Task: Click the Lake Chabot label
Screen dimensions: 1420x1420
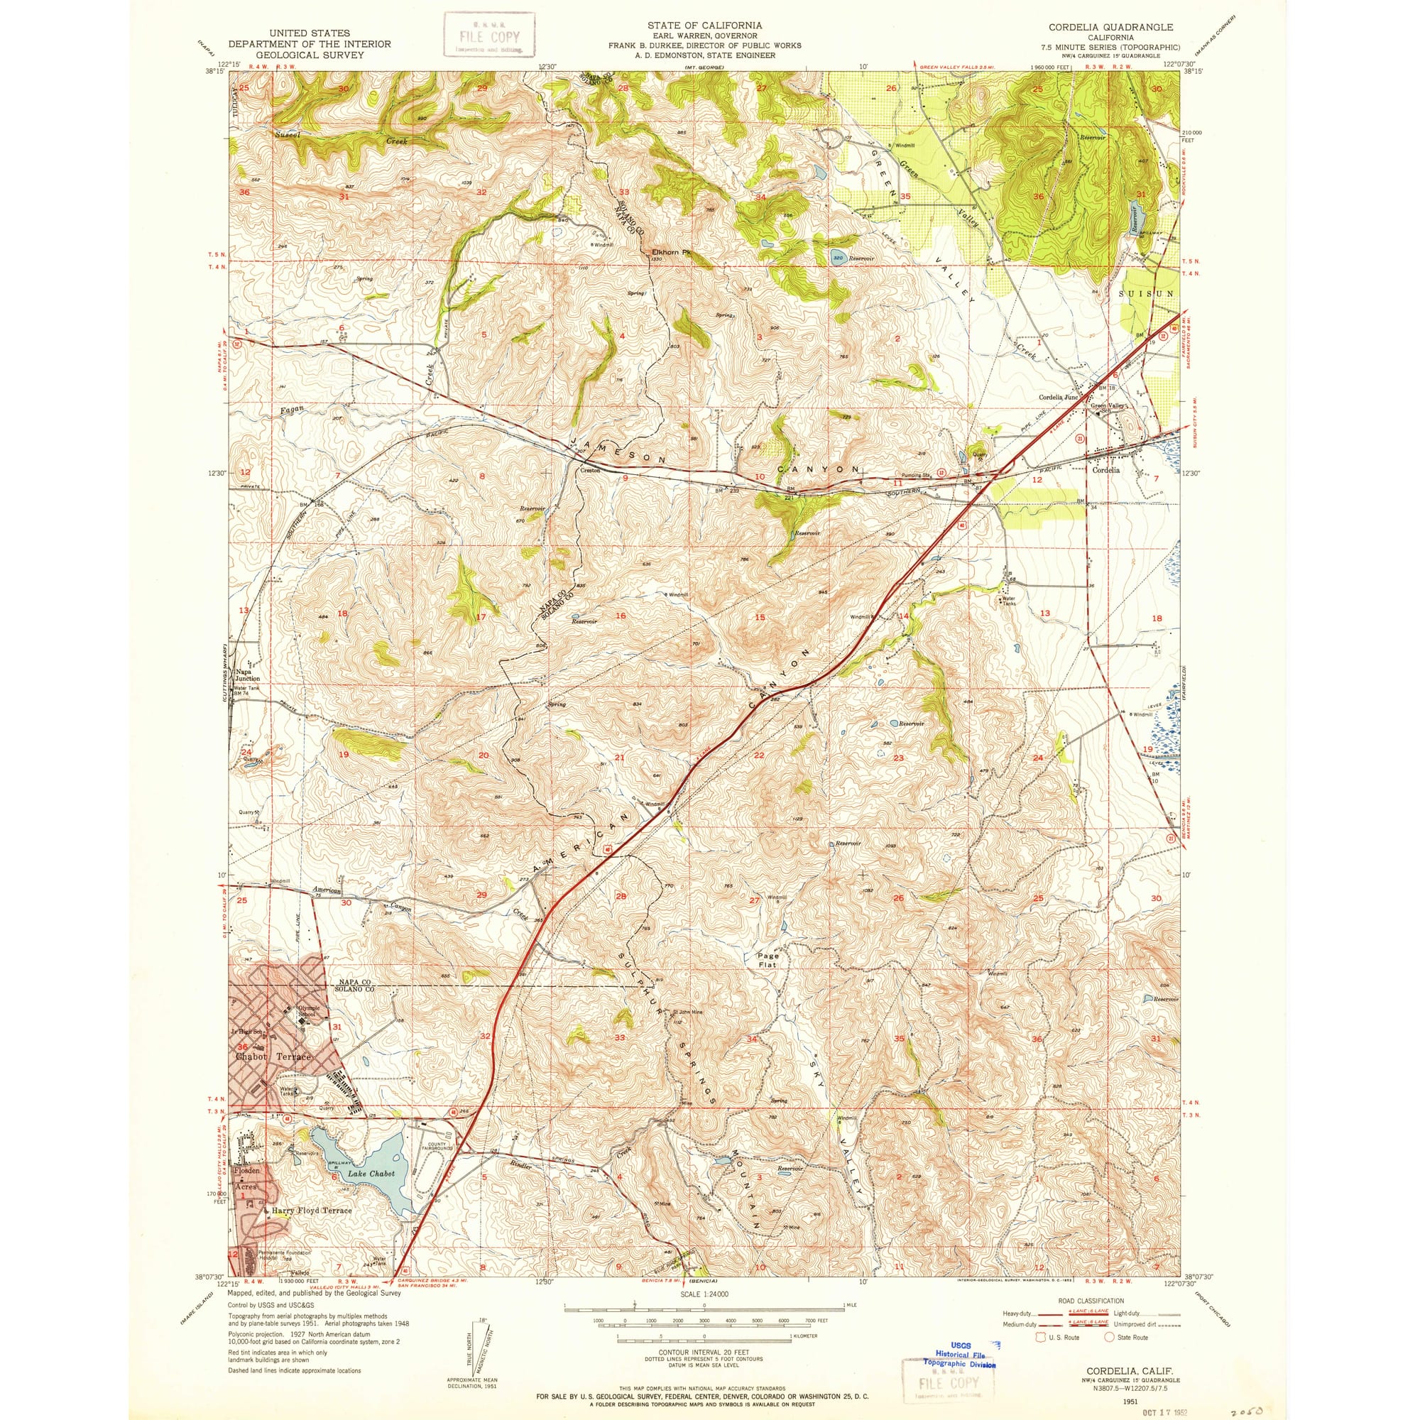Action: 371,1174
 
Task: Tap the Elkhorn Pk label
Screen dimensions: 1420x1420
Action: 672,252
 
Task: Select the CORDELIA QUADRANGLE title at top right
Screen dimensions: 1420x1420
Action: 1110,27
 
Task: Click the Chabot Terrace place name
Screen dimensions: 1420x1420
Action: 273,1056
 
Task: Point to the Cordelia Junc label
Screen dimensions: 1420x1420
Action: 1058,397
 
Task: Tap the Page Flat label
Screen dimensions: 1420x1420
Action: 768,960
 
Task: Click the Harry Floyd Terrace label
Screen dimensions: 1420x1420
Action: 312,1210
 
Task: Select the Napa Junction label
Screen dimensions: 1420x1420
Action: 247,674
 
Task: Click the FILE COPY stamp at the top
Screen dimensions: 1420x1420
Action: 488,35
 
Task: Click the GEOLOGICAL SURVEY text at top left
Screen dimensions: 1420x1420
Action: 310,55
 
